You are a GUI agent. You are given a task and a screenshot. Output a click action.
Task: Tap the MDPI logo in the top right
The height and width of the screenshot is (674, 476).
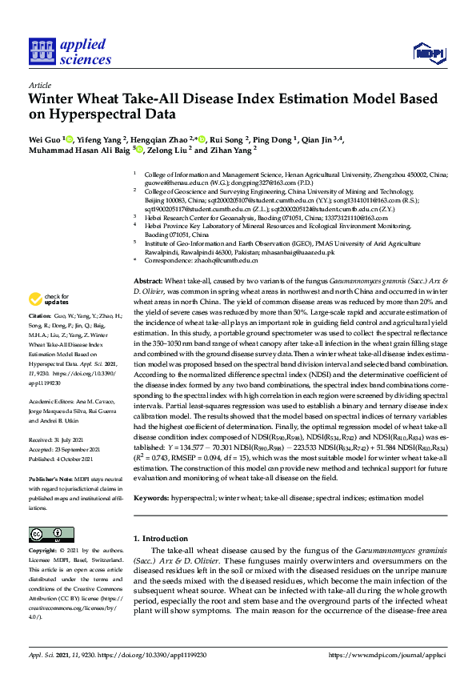tap(428, 54)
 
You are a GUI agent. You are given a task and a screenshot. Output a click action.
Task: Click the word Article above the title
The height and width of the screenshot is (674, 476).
tap(39, 84)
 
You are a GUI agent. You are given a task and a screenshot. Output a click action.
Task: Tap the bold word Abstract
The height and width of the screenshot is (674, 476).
tap(147, 283)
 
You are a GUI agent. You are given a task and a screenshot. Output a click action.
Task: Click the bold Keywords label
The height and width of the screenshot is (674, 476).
tap(151, 497)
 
